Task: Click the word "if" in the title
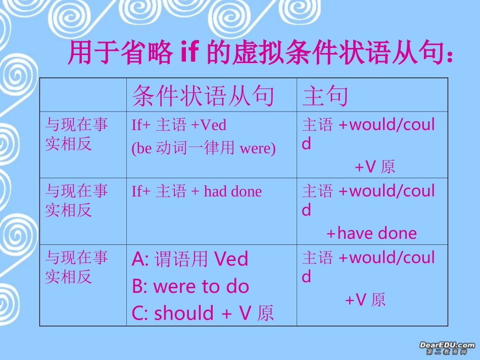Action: pyautogui.click(x=192, y=53)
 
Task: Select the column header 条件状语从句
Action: pyautogui.click(x=203, y=95)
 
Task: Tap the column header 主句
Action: pyautogui.click(x=325, y=95)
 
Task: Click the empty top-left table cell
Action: pyautogui.click(x=83, y=95)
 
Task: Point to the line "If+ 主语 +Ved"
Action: pyautogui.click(x=179, y=125)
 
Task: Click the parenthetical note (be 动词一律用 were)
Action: pyautogui.click(x=204, y=149)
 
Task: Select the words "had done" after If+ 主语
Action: pyautogui.click(x=233, y=191)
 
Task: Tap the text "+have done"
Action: pyautogui.click(x=371, y=233)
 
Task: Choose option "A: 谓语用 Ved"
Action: pyautogui.click(x=190, y=259)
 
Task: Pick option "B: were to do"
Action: pyautogui.click(x=190, y=286)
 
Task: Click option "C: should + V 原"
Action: pyautogui.click(x=203, y=313)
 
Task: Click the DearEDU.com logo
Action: pyautogui.click(x=447, y=347)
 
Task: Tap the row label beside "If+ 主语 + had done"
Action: pyautogui.click(x=76, y=200)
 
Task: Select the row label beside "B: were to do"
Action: pyautogui.click(x=76, y=267)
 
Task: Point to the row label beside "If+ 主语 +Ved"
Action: pyautogui.click(x=76, y=134)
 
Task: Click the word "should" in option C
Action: pyautogui.click(x=184, y=313)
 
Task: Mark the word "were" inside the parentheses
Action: pyautogui.click(x=256, y=149)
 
